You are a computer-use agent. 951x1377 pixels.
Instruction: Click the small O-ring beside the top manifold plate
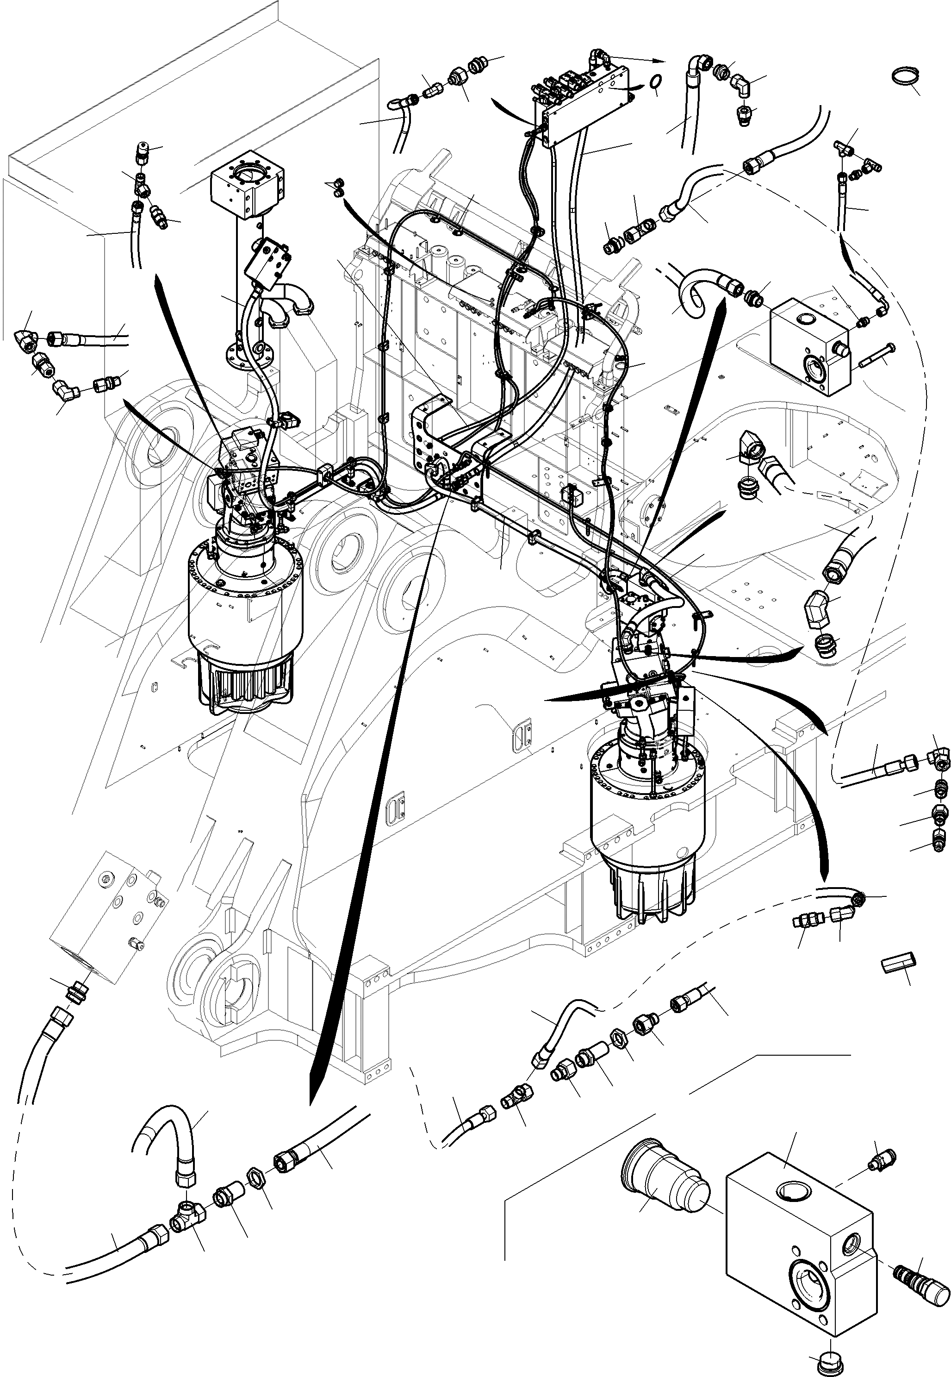point(655,81)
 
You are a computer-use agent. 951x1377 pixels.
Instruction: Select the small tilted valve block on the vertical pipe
point(269,260)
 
